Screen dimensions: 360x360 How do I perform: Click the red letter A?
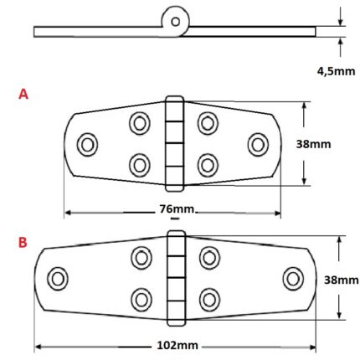pyautogui.click(x=23, y=95)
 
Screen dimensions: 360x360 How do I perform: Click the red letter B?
pyautogui.click(x=23, y=243)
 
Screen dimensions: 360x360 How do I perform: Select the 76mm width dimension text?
pyautogui.click(x=173, y=208)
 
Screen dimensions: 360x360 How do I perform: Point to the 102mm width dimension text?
pyautogui.click(x=177, y=344)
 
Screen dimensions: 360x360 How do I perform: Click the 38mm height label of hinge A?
pyautogui.click(x=314, y=143)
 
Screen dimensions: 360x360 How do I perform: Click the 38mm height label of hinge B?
pyautogui.click(x=341, y=280)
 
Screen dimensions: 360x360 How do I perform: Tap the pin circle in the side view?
pyautogui.click(x=176, y=21)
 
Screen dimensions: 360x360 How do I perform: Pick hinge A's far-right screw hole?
pyautogui.click(x=257, y=144)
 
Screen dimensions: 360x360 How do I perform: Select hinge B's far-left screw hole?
pyautogui.click(x=59, y=279)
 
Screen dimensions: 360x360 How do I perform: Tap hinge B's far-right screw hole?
pyautogui.click(x=293, y=279)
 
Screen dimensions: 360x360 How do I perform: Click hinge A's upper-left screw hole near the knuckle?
pyautogui.click(x=139, y=124)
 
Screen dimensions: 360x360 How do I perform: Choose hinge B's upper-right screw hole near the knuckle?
pyautogui.click(x=209, y=259)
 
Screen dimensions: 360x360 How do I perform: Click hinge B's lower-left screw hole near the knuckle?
pyautogui.click(x=141, y=298)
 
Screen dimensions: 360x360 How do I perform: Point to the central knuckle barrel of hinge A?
pyautogui.click(x=173, y=144)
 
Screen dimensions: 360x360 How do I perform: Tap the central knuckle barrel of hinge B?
pyautogui.click(x=175, y=280)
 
